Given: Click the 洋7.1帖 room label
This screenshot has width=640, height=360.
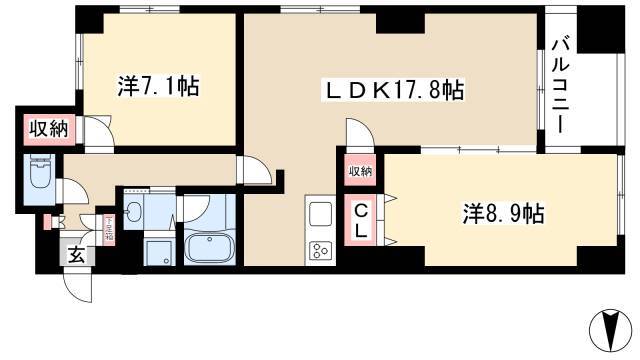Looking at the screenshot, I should [158, 87].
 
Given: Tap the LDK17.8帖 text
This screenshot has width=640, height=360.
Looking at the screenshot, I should [389, 91].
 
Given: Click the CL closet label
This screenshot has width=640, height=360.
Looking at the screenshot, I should [360, 220].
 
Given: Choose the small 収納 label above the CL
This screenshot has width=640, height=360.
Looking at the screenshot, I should [360, 171].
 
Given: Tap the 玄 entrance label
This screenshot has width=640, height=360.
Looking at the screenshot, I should [76, 254].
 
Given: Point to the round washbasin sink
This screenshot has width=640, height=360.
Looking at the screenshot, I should [133, 212].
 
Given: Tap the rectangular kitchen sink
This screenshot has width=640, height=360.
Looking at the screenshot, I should [320, 214].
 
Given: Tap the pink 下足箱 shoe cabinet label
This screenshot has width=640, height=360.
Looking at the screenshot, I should [107, 231].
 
